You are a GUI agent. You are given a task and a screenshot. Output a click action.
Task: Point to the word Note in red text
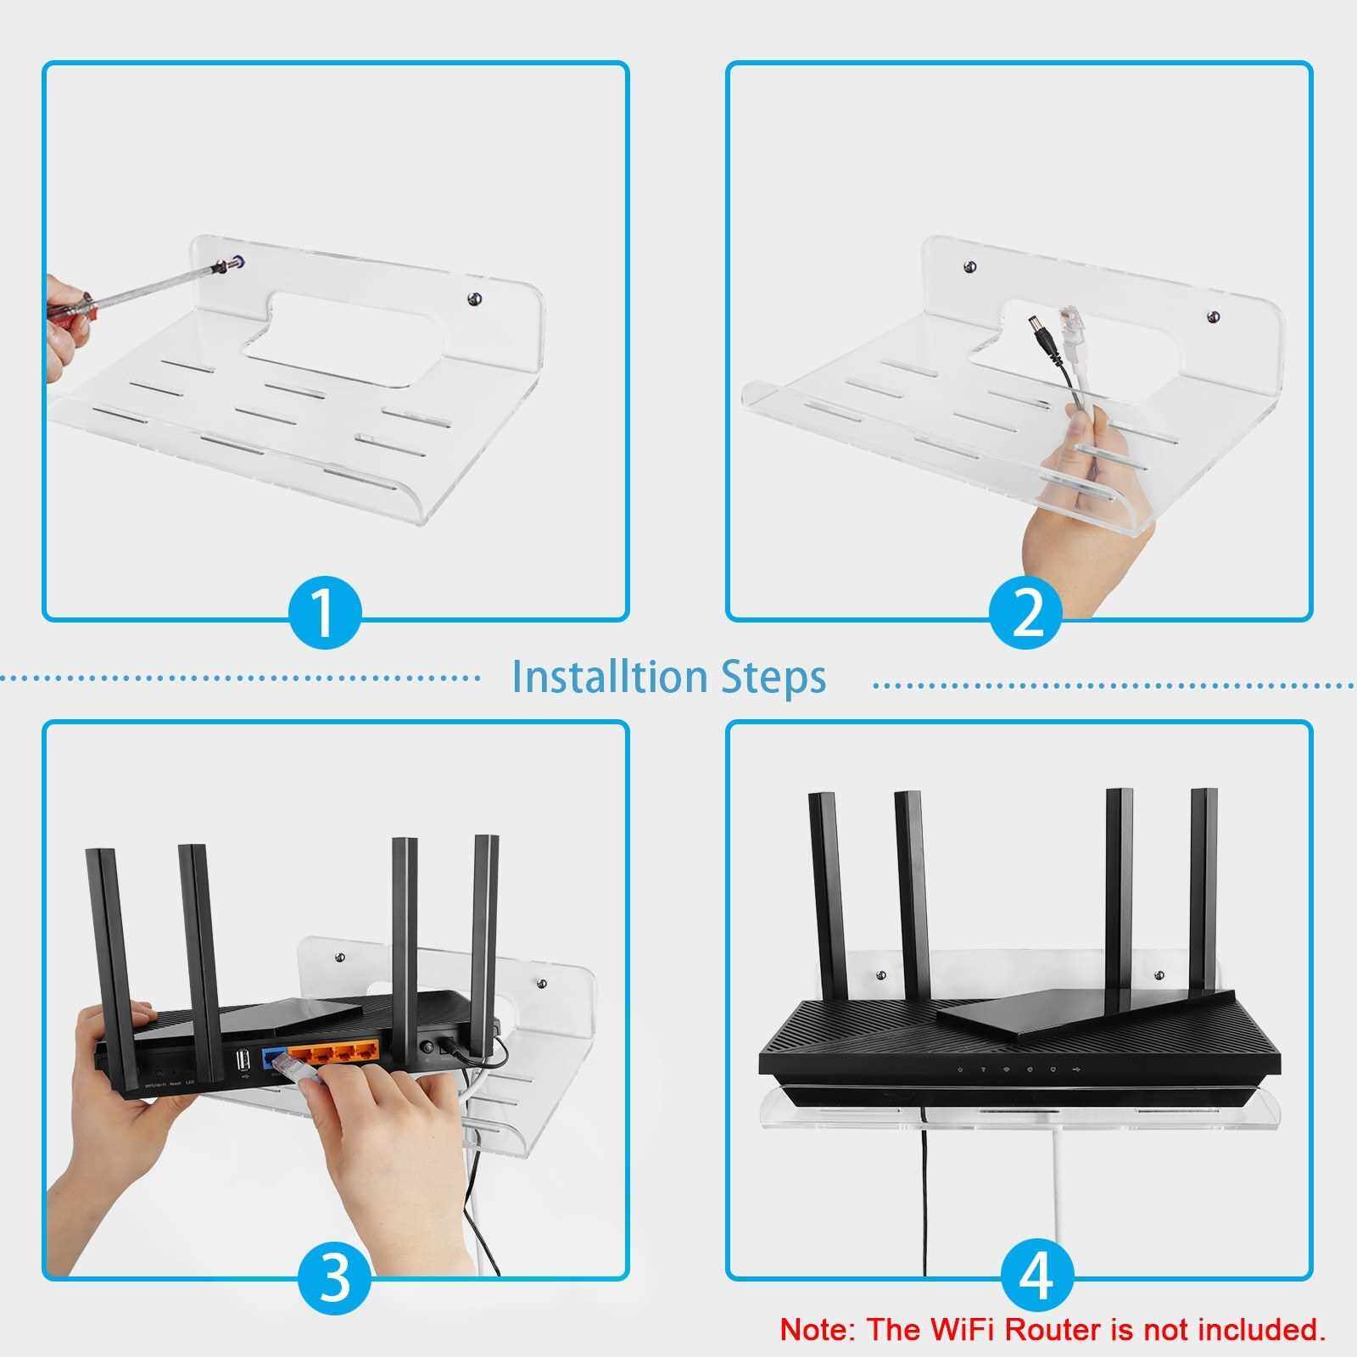[813, 1329]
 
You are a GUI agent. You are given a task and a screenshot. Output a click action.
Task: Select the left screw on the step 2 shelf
[970, 269]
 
